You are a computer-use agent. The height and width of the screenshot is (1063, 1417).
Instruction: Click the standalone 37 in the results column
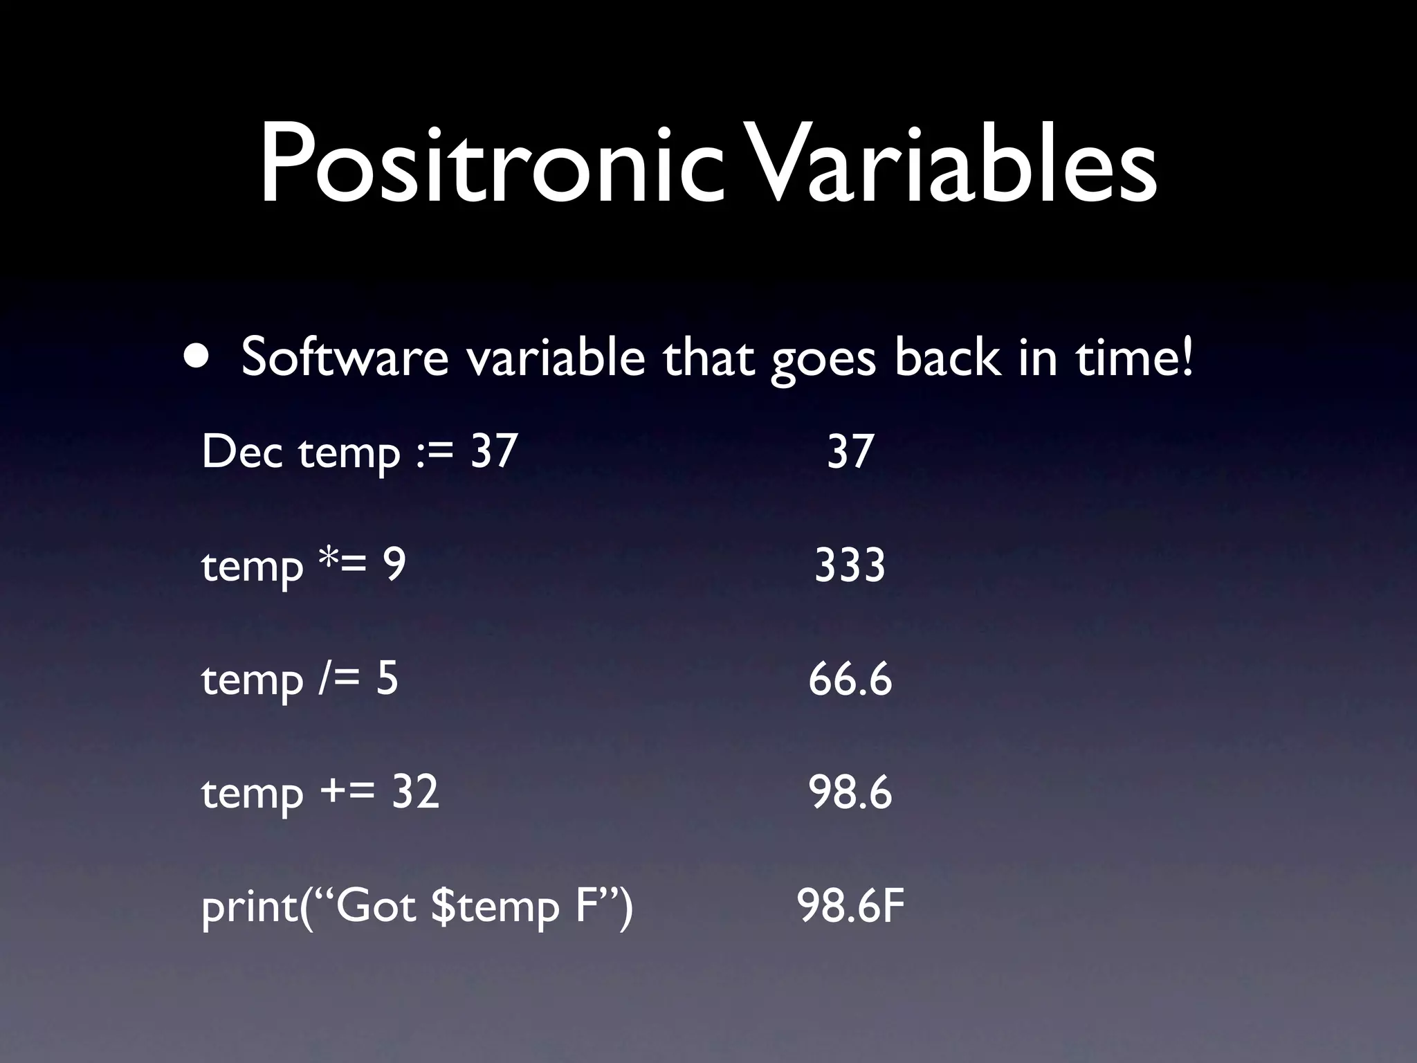click(850, 451)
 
